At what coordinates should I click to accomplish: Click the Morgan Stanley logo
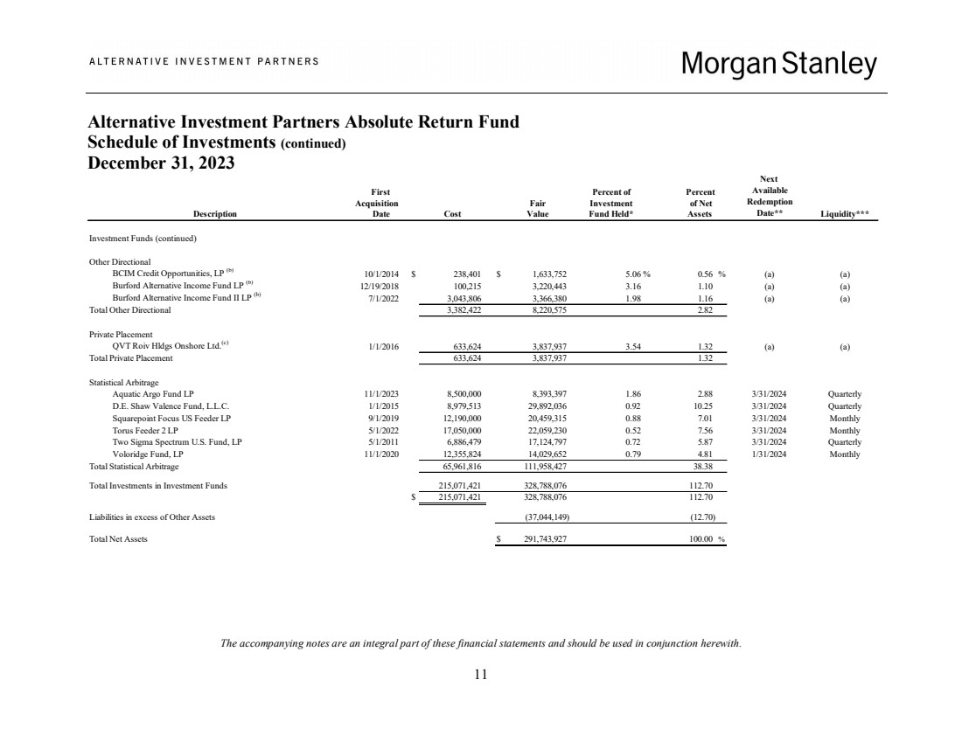pyautogui.click(x=778, y=63)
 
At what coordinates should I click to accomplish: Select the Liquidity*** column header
pyautogui.click(x=844, y=212)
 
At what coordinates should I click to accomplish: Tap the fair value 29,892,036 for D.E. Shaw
pyautogui.click(x=549, y=406)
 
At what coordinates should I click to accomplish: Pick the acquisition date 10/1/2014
pyautogui.click(x=380, y=273)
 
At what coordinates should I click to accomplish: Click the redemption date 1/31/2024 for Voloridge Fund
pyautogui.click(x=769, y=454)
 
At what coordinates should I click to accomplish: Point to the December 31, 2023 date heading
pyautogui.click(x=162, y=163)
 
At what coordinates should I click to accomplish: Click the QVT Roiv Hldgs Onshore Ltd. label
pyautogui.click(x=168, y=346)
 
